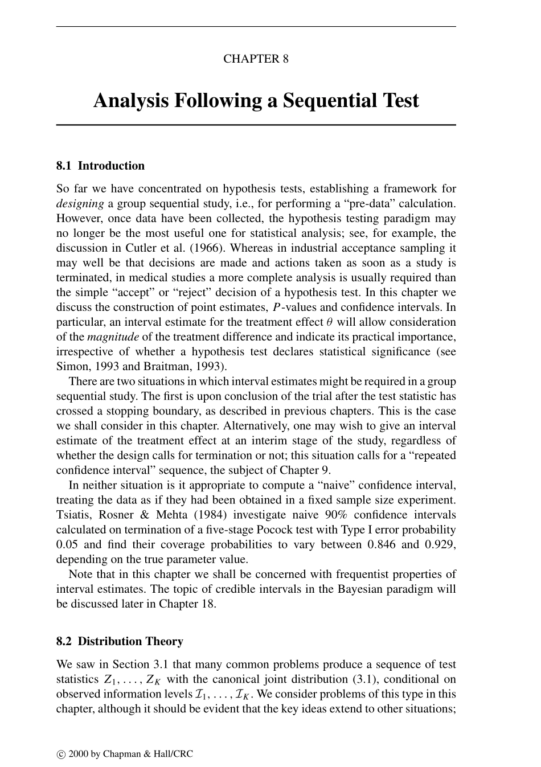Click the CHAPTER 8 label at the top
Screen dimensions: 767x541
pyautogui.click(x=256, y=59)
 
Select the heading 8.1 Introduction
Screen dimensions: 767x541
pyautogui.click(x=100, y=166)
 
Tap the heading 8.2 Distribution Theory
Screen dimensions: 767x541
pyautogui.click(x=120, y=641)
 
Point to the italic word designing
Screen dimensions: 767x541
pyautogui.click(x=80, y=203)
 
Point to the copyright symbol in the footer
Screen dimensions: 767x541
pyautogui.click(x=60, y=754)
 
